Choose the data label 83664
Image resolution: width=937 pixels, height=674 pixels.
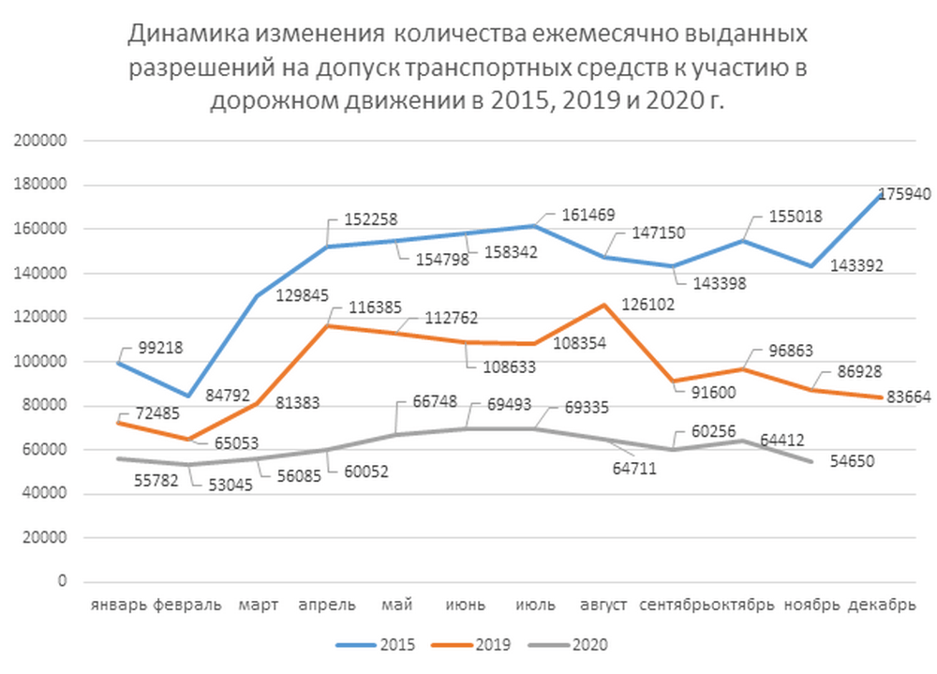pyautogui.click(x=903, y=397)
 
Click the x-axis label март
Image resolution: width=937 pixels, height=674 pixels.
pyautogui.click(x=258, y=605)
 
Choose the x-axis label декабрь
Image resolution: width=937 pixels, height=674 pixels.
pyautogui.click(x=882, y=605)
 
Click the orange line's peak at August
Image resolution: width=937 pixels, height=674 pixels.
pyautogui.click(x=604, y=304)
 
